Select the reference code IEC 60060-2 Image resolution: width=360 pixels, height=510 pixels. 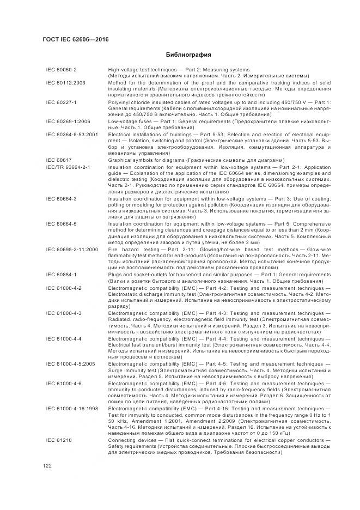point(62,70)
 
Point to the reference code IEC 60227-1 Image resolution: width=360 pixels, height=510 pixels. point(62,102)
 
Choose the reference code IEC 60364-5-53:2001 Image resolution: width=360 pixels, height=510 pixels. point(72,133)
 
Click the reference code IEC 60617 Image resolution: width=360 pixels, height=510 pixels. point(58,160)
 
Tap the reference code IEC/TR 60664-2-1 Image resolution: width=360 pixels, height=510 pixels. point(68,166)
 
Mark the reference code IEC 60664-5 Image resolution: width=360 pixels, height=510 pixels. point(62,223)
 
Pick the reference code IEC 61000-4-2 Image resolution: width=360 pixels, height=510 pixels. point(64,287)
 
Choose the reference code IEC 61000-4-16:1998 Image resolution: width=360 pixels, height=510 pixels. point(72,407)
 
